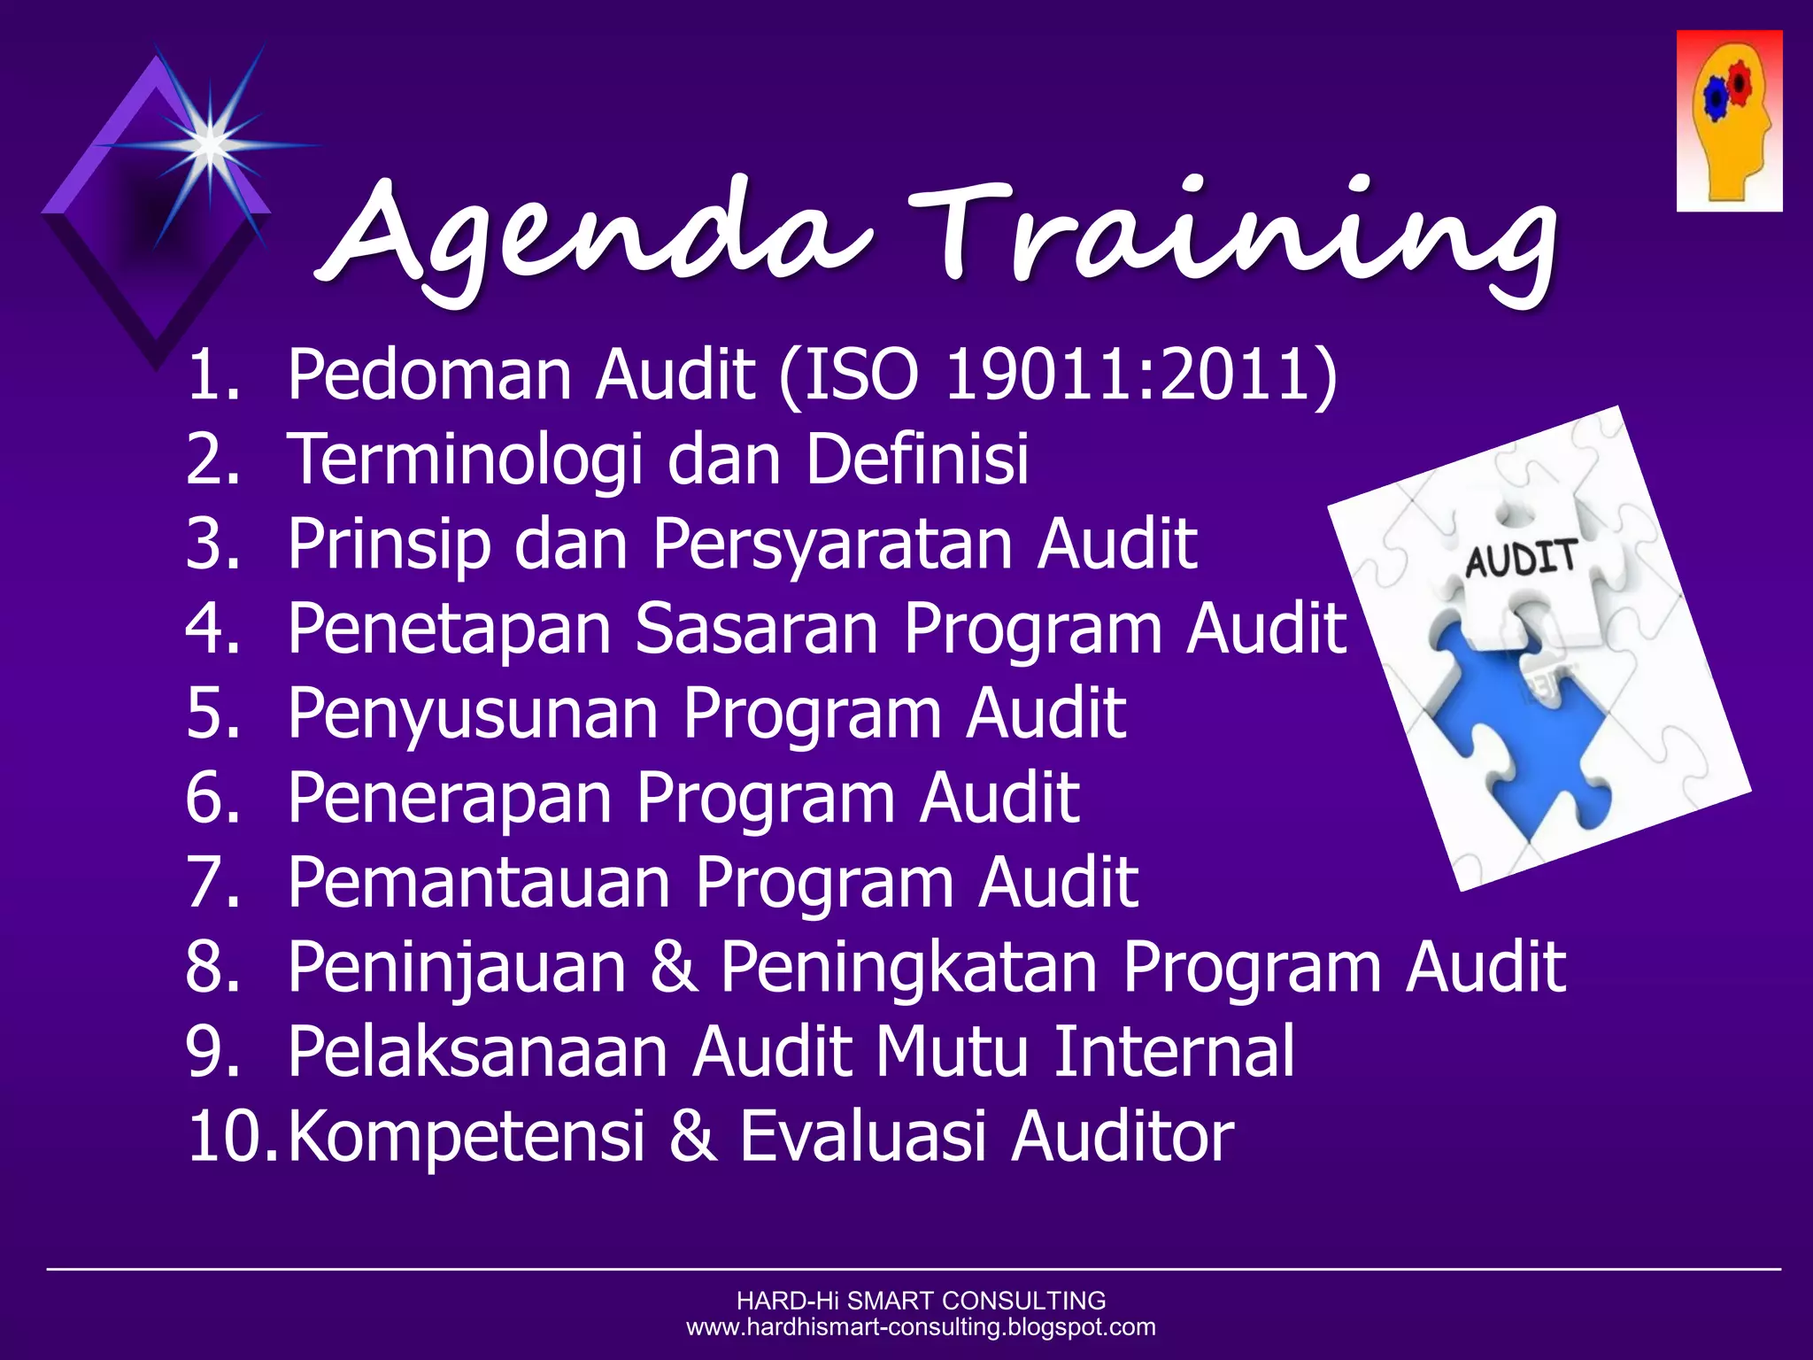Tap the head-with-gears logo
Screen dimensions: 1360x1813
click(1728, 121)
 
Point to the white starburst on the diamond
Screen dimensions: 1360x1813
click(210, 143)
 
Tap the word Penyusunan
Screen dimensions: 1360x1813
click(473, 714)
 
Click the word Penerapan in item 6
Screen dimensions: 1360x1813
click(450, 798)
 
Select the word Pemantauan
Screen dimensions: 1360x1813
click(478, 883)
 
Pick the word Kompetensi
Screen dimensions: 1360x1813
click(466, 1137)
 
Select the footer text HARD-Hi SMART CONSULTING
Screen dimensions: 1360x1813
click(921, 1301)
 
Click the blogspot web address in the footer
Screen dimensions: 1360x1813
click(921, 1327)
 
